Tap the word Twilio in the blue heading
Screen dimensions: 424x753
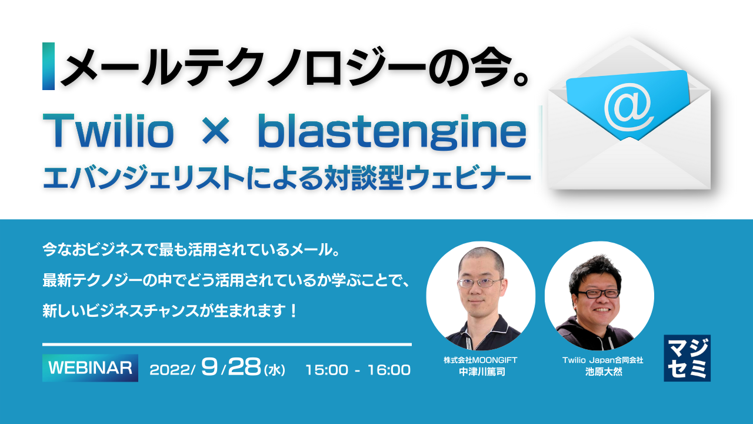tap(109, 134)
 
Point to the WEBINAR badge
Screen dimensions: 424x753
tap(90, 368)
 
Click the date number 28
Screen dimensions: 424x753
tap(244, 368)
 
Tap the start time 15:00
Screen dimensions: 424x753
tap(326, 370)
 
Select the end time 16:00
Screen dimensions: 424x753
tap(389, 370)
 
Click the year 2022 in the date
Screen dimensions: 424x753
tap(170, 370)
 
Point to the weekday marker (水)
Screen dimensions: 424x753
tap(275, 371)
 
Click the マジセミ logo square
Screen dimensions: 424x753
tap(687, 358)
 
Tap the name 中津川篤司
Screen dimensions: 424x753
tap(480, 373)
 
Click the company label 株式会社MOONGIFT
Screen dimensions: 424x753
tap(480, 360)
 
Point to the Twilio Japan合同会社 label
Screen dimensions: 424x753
tap(602, 360)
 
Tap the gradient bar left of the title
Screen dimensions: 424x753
tap(48, 66)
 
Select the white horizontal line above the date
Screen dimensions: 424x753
tap(226, 344)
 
